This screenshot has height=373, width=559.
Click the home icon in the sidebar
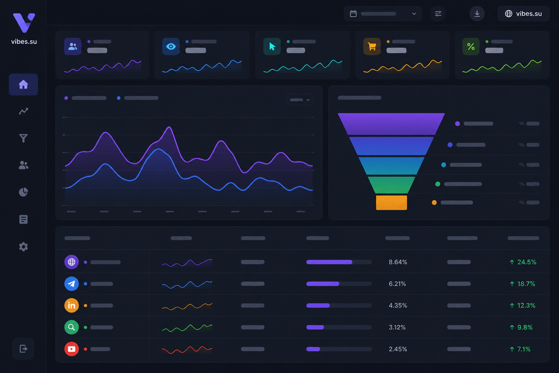click(x=23, y=85)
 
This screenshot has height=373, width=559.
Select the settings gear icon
click(x=23, y=247)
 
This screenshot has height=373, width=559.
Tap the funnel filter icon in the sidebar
click(x=23, y=138)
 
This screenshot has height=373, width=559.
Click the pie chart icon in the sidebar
click(x=23, y=192)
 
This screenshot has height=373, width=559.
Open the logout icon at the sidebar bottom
click(x=23, y=349)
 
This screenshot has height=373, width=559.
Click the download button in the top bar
click(x=477, y=13)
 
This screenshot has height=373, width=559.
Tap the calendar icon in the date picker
click(x=353, y=13)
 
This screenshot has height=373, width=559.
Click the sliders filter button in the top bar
click(x=438, y=13)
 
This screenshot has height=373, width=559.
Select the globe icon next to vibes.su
click(x=508, y=13)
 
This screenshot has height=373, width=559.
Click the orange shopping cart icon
click(x=372, y=47)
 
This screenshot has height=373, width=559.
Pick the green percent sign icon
click(x=471, y=47)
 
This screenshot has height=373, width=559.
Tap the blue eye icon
click(x=171, y=47)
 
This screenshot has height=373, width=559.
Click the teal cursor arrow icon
click(x=272, y=47)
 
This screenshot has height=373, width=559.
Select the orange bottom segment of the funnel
click(x=391, y=203)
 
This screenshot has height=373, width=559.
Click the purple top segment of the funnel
click(x=391, y=124)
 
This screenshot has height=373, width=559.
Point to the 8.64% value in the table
click(x=398, y=262)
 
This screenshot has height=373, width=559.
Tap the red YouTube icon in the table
click(x=72, y=349)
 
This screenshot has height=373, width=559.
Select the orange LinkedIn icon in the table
click(x=72, y=306)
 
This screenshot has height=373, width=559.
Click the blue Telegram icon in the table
click(x=72, y=284)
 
